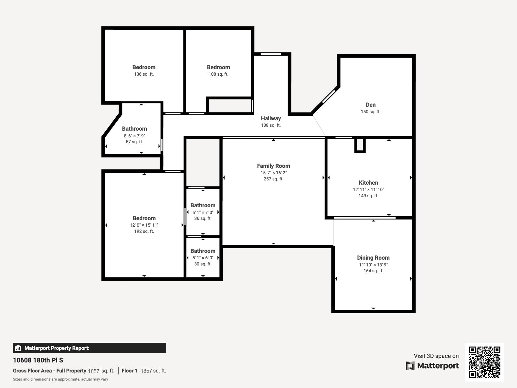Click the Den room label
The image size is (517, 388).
(371, 105)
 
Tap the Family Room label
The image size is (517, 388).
(273, 166)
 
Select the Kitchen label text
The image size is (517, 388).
(368, 183)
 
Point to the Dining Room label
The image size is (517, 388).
(373, 258)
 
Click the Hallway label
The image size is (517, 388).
(271, 118)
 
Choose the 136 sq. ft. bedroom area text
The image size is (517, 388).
(144, 74)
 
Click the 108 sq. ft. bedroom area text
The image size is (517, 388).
(218, 74)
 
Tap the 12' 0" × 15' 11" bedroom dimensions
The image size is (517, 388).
(144, 225)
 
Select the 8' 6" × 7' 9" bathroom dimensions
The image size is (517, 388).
(134, 136)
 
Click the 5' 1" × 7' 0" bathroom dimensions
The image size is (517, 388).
(203, 212)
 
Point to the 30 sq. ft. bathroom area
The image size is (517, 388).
(203, 264)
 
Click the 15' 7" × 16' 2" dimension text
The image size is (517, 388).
(273, 173)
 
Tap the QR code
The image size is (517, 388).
(484, 362)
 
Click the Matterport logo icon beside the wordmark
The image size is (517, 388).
(410, 366)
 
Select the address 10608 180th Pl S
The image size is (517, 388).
(38, 360)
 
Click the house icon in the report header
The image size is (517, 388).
(18, 348)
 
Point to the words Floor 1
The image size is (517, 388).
(129, 371)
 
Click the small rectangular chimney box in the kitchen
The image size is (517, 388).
(360, 145)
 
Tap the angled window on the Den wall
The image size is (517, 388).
(329, 96)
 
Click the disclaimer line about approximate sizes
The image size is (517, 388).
(60, 379)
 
